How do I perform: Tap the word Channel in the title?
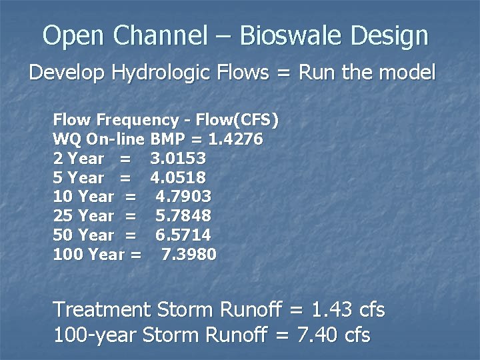[x=151, y=36]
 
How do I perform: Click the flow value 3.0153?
[x=178, y=159]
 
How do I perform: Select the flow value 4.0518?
[x=178, y=178]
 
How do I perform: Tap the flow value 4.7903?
[x=183, y=197]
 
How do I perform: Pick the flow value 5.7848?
[x=183, y=216]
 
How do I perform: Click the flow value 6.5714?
[x=183, y=235]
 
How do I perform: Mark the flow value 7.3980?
[x=189, y=254]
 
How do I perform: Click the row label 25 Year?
[x=83, y=216]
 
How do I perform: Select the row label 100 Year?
[x=89, y=254]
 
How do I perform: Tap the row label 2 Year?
[x=78, y=159]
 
